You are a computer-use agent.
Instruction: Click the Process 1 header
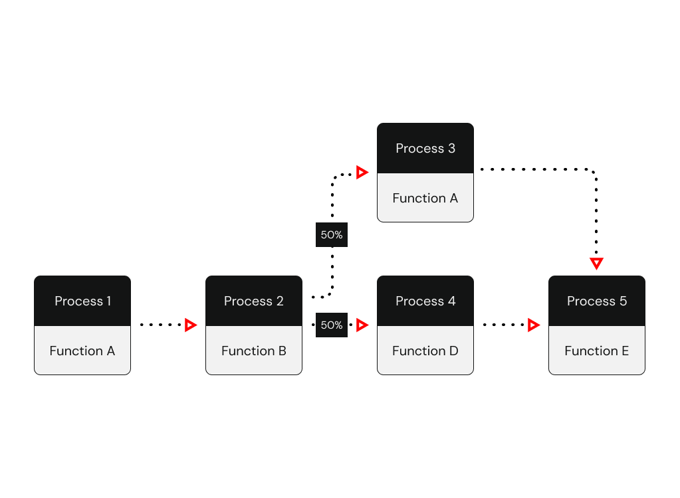click(x=82, y=301)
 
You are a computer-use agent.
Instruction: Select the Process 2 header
click(x=253, y=301)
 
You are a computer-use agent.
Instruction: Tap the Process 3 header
click(x=425, y=148)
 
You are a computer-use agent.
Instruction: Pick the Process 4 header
click(x=425, y=301)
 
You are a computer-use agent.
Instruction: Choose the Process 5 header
click(x=596, y=301)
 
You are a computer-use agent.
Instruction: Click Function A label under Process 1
click(x=82, y=351)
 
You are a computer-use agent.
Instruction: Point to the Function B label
click(x=253, y=351)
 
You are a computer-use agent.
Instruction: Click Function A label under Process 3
click(x=425, y=198)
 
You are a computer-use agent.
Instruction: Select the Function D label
click(x=425, y=351)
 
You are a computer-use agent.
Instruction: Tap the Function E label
click(x=596, y=351)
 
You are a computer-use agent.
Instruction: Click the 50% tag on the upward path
click(x=332, y=235)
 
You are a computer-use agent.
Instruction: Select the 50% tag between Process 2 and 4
click(x=332, y=325)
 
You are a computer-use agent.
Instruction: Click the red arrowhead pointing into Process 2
click(x=191, y=325)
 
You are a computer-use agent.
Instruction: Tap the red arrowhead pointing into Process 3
click(x=362, y=173)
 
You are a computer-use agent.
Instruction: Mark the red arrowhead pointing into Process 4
click(x=362, y=325)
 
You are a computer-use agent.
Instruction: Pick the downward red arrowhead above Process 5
click(x=596, y=263)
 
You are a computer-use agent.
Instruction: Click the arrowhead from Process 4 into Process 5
click(x=533, y=325)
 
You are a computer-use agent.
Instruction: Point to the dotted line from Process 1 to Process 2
click(x=162, y=325)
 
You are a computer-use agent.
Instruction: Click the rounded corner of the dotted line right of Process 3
click(x=593, y=173)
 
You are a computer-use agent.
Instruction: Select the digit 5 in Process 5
click(x=623, y=301)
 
